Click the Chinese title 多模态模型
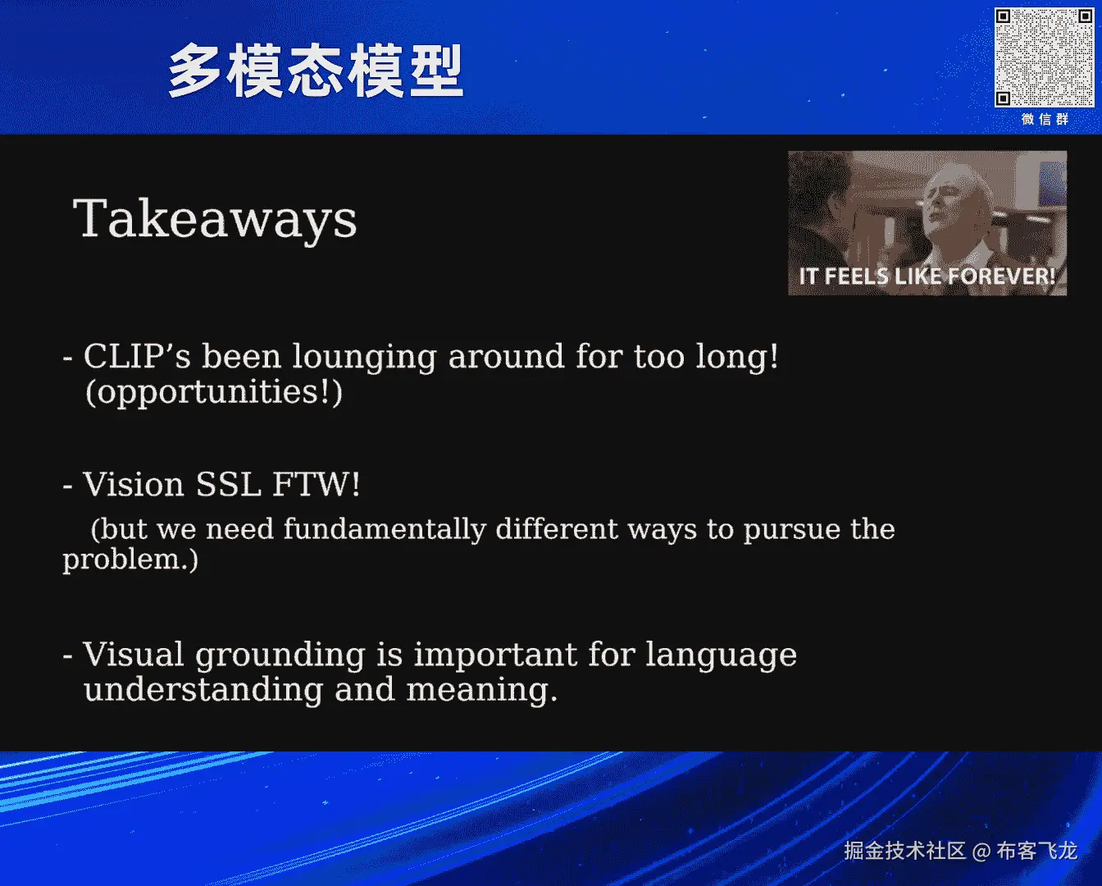point(316,71)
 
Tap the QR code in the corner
point(1044,57)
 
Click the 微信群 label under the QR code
point(1045,120)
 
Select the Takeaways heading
point(215,219)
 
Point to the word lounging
point(365,357)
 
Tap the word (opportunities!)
point(214,392)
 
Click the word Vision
point(134,484)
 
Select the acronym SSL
point(229,484)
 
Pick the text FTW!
point(316,484)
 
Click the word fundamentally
point(385,530)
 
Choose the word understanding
point(203,691)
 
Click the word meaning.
point(482,691)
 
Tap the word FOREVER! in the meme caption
point(1002,276)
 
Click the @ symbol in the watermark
point(981,852)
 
